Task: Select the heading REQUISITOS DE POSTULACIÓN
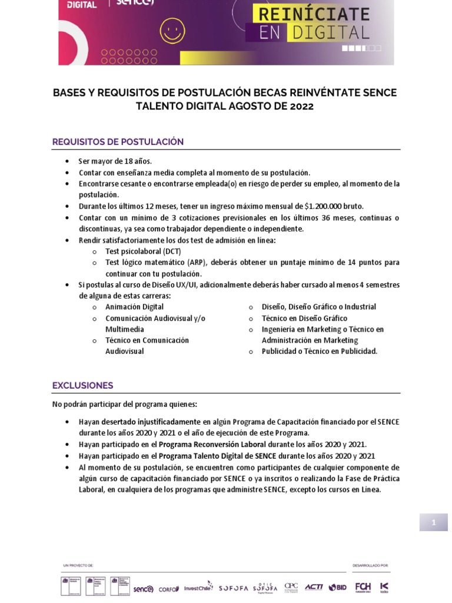point(118,142)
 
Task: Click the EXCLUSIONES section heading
point(82,386)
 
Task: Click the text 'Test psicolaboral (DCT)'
point(143,251)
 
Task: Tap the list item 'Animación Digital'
point(134,307)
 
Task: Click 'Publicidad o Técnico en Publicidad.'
point(319,352)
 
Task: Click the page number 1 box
point(433,522)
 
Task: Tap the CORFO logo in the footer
point(169,588)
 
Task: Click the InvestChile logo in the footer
point(198,588)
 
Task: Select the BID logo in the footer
point(338,587)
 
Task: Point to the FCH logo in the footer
point(363,587)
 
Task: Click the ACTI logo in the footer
point(314,587)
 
